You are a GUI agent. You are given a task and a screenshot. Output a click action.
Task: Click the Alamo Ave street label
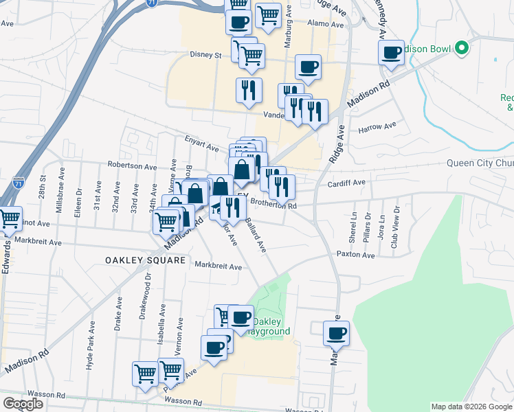[326, 24]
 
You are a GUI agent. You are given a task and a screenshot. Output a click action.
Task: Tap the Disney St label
[205, 55]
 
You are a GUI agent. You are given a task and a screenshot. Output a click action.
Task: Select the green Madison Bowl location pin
[462, 49]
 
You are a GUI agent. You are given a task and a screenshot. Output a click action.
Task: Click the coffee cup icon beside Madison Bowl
[392, 52]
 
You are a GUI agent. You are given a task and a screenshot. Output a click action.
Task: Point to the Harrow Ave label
[377, 127]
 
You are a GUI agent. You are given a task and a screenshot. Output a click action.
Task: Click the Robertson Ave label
[132, 166]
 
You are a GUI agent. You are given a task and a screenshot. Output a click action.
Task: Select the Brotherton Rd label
[273, 205]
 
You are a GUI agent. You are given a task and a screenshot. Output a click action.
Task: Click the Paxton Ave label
[355, 255]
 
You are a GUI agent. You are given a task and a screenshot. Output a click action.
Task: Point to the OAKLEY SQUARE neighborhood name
[146, 260]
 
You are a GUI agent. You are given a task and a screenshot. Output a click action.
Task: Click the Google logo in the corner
[23, 404]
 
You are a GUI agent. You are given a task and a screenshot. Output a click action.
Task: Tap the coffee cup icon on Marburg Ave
[337, 334]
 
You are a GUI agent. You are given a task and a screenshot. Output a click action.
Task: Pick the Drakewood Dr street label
[148, 294]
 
